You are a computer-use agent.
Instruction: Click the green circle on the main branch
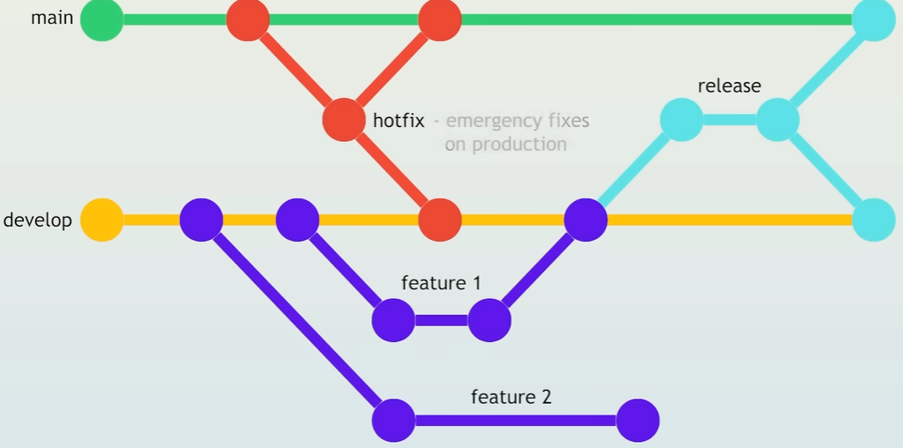[102, 19]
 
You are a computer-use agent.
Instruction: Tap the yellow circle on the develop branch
[102, 220]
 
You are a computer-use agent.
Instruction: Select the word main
[52, 18]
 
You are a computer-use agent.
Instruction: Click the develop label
[37, 220]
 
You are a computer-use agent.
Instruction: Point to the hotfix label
[399, 120]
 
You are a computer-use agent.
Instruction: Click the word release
[729, 86]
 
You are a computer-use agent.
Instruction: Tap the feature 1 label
[441, 283]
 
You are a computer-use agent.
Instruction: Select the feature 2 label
[511, 397]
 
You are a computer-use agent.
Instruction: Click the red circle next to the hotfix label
[344, 120]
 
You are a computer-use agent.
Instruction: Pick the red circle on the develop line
[440, 220]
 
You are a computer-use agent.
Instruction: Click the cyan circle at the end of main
[874, 19]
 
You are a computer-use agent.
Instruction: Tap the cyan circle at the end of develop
[874, 220]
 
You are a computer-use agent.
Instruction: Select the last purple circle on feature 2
[638, 421]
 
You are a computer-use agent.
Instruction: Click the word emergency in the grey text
[489, 121]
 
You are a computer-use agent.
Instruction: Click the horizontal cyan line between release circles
[729, 120]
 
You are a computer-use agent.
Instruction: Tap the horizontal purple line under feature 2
[515, 421]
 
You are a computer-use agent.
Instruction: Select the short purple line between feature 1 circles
[441, 320]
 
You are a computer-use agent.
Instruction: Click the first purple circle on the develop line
[202, 220]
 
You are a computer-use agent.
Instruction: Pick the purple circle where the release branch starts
[586, 220]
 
